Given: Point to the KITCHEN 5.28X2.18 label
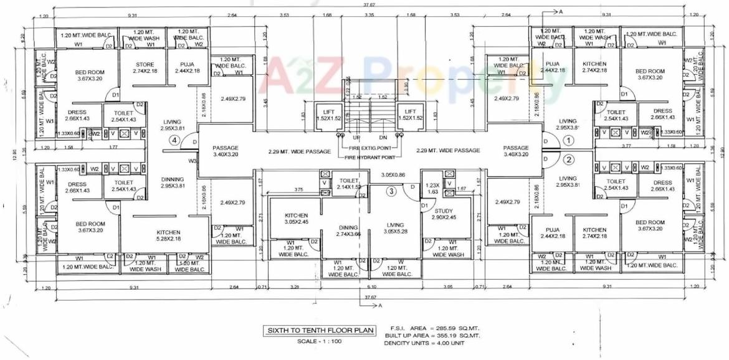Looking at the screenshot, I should [x=168, y=235].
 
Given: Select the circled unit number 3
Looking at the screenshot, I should [x=391, y=191].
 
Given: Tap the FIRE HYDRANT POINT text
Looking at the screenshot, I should [x=372, y=158].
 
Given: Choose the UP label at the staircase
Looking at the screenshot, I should [x=358, y=138].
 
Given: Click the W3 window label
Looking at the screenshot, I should [x=193, y=161].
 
